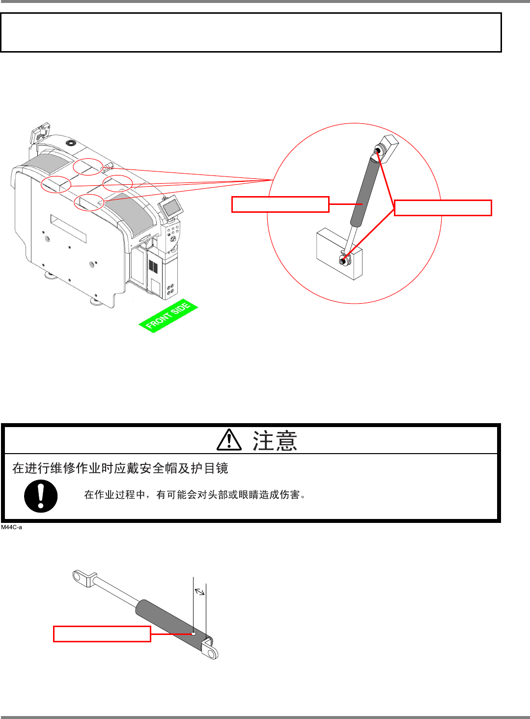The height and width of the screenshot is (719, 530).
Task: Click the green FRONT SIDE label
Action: tap(168, 316)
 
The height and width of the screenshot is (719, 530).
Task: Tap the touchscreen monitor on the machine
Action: tap(171, 207)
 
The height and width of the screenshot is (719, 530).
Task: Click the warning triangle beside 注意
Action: tap(229, 440)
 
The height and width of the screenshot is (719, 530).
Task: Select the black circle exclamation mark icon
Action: tap(41, 496)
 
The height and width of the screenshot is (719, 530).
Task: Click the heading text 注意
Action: tap(275, 440)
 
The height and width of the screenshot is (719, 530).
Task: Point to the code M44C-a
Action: tap(12, 527)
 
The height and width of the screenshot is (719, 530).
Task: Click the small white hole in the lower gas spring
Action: tap(194, 633)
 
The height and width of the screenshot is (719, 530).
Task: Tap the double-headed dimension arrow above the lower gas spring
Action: tap(199, 591)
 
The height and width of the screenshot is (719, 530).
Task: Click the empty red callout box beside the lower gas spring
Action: tap(102, 634)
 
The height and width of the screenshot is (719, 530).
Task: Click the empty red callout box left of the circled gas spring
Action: tap(280, 204)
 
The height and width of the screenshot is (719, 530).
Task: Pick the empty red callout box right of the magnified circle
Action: tap(443, 208)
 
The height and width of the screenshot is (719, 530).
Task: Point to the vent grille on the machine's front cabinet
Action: tap(153, 268)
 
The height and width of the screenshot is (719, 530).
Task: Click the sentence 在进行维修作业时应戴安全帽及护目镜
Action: tap(120, 468)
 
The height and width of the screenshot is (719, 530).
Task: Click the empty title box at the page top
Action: tap(251, 32)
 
